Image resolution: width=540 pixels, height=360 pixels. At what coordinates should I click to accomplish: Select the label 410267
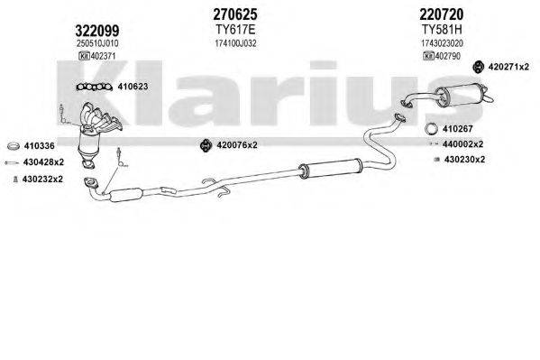point(456,128)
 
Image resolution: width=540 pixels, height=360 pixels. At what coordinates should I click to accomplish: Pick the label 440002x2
point(462,144)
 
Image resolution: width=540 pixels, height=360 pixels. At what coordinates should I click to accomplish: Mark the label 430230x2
point(462,160)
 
